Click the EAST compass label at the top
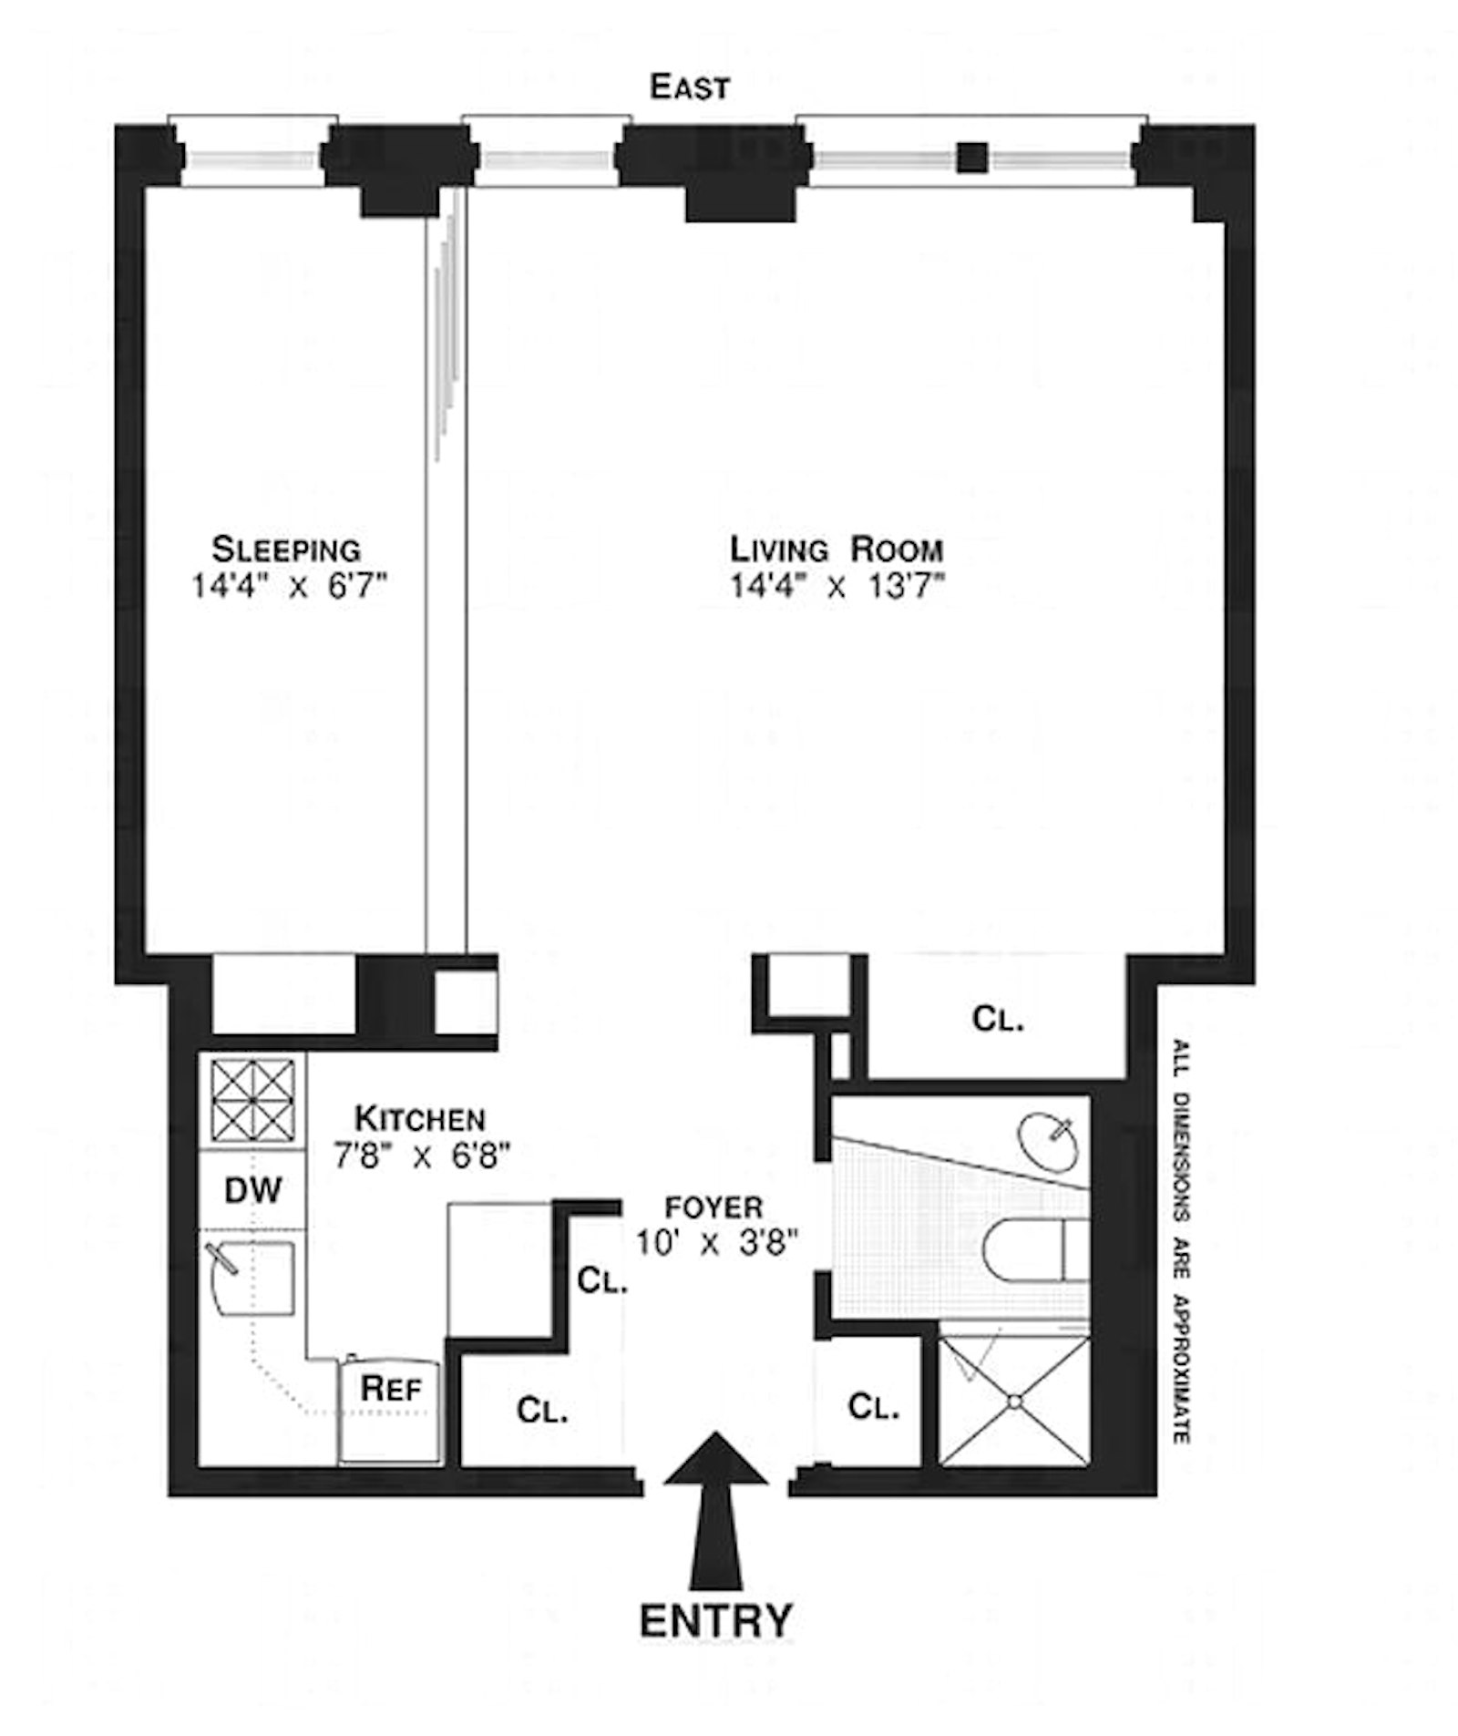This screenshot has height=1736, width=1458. click(689, 87)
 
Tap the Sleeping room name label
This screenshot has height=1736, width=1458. click(286, 550)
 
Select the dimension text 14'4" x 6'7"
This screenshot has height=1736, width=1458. click(290, 585)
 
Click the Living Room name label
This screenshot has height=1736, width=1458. click(836, 550)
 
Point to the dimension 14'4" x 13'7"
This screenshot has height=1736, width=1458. click(836, 585)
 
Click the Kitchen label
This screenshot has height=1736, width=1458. click(419, 1118)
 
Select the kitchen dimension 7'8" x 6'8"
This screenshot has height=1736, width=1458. click(421, 1156)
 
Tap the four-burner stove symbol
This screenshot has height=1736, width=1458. click(252, 1100)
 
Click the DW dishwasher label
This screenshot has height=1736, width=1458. click(252, 1190)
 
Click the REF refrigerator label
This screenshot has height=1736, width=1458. click(391, 1389)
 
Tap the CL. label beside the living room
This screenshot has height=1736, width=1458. click(998, 1018)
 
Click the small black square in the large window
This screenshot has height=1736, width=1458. click(972, 158)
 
